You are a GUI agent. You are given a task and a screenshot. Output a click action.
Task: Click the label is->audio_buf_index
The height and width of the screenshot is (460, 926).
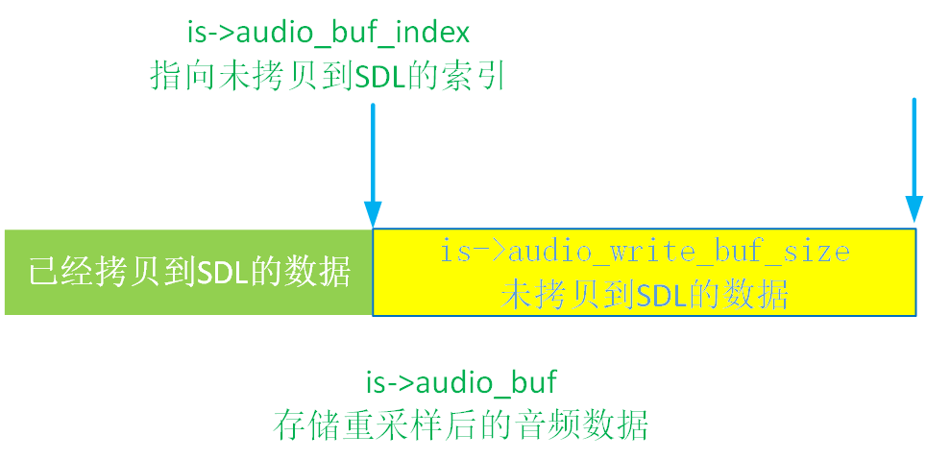(329, 33)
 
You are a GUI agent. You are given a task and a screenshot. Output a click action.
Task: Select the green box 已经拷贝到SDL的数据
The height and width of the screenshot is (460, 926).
(188, 273)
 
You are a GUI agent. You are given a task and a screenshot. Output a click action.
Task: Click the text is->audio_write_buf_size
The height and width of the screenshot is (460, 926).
(645, 252)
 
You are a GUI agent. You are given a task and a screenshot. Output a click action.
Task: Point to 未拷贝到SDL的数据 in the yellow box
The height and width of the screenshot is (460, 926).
(645, 294)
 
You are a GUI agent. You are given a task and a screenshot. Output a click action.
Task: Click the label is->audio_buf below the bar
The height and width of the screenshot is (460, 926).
(461, 382)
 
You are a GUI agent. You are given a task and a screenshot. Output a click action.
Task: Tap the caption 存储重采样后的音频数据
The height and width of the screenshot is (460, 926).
(461, 424)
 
